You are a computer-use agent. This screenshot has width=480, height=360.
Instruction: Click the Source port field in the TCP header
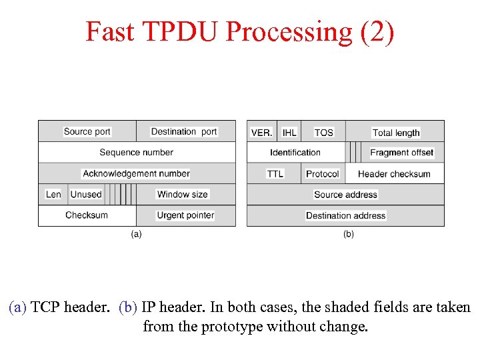pos(87,131)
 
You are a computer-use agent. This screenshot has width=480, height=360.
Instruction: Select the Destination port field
pos(184,131)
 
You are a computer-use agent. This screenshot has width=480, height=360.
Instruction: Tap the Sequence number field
pos(137,153)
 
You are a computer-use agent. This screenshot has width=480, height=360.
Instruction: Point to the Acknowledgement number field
pos(137,173)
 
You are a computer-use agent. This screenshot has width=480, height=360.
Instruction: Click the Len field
pos(53,195)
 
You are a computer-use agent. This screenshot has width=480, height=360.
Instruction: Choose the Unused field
pos(86,195)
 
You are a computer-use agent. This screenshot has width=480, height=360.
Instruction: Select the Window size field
pos(183,195)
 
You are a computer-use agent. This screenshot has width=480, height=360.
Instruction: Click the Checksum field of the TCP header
pos(87,215)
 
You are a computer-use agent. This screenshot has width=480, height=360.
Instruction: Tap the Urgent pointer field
pos(185,215)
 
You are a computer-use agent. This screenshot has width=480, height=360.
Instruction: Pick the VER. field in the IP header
pos(261,132)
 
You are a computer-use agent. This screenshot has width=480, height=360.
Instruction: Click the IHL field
pos(289,132)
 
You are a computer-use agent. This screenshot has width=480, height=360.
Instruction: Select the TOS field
pos(323,132)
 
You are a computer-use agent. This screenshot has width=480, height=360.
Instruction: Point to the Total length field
pos(396,133)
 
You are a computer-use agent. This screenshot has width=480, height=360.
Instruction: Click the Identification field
pos(295,153)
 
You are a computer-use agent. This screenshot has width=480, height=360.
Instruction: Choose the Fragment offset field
pos(402,153)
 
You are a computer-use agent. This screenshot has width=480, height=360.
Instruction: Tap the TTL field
pos(275,174)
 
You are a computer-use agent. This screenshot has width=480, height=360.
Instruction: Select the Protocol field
pos(323,174)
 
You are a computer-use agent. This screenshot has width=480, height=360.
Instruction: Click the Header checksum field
pos(395,174)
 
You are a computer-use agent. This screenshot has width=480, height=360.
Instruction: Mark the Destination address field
pos(345,216)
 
